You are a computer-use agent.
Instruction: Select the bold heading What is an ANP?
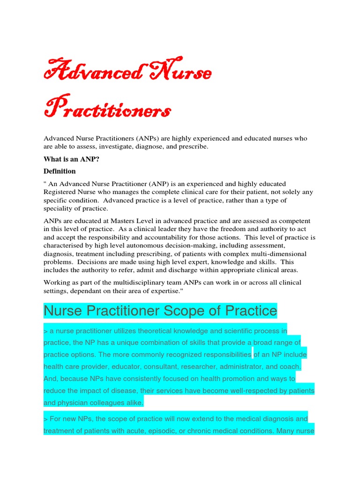(x=72, y=159)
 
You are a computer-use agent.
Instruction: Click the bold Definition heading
(x=60, y=171)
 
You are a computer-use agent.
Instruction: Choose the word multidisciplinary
(x=154, y=282)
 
